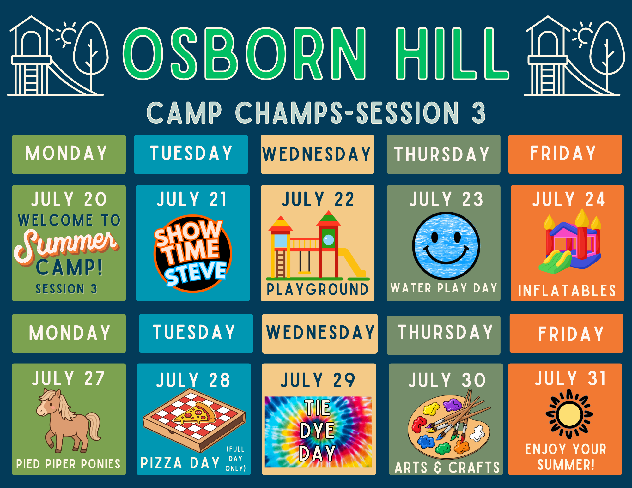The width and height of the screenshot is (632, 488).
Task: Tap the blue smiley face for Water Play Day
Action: pos(446,246)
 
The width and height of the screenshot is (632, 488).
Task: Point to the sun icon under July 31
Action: pos(569,414)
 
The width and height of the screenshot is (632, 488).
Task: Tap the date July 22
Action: pos(318,199)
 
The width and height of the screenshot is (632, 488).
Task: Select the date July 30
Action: pos(447,380)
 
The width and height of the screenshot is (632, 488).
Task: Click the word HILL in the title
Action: pos(452,53)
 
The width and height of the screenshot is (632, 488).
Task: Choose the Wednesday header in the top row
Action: pos(317,154)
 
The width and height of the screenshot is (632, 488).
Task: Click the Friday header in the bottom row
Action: pos(566,334)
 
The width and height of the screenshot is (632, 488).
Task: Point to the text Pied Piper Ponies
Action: pos(68,464)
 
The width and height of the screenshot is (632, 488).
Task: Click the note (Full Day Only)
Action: pos(236,459)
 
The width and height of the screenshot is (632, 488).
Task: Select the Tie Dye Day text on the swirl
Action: pos(318,430)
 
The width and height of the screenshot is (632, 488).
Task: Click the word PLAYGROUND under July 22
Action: pos(318,289)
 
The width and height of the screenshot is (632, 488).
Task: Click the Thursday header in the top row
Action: pos(443,154)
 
